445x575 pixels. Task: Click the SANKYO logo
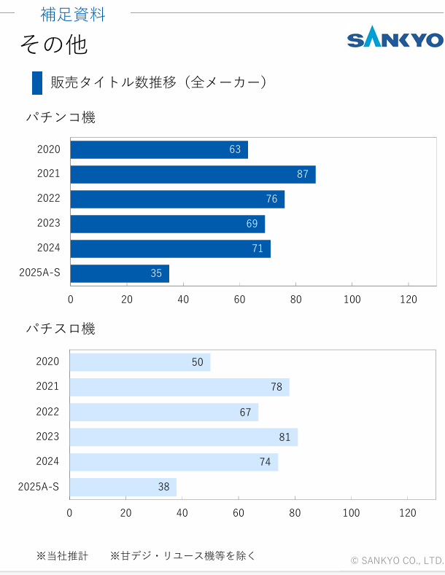tap(395, 39)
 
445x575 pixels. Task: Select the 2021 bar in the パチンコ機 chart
tap(193, 174)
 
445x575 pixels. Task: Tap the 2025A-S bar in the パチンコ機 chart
tap(120, 273)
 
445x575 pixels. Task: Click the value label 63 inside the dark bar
tap(235, 149)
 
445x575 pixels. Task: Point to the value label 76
tap(271, 199)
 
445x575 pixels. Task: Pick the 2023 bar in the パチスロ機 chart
tap(183, 437)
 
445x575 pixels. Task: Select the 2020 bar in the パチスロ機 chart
tap(139, 362)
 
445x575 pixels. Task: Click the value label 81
tap(285, 437)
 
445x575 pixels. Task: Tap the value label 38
tap(164, 487)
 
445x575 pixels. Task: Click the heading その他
tap(53, 44)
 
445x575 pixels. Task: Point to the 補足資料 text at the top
tap(73, 14)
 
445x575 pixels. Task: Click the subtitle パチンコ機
tap(61, 117)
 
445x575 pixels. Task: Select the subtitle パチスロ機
tap(61, 329)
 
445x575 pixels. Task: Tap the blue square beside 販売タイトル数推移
tap(37, 83)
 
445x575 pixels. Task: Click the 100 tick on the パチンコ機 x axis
tap(352, 299)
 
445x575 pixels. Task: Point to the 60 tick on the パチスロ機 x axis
tap(239, 512)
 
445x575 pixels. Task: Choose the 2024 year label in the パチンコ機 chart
tap(49, 248)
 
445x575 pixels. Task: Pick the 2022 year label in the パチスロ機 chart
tap(47, 412)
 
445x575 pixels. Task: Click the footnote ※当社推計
tap(62, 556)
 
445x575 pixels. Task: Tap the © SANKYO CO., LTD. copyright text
tap(397, 560)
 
